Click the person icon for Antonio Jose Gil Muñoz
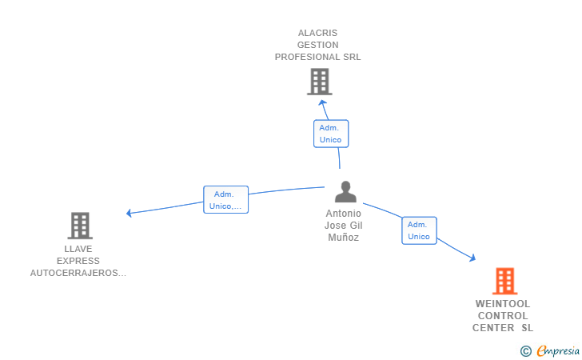click(345, 192)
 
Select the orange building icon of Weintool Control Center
click(504, 281)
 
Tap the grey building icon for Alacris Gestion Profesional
click(319, 81)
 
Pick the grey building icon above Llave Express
click(79, 226)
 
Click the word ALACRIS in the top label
click(317, 33)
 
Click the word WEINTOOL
click(503, 304)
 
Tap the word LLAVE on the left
click(78, 249)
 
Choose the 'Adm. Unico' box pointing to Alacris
click(330, 134)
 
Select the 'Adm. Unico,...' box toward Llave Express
click(226, 200)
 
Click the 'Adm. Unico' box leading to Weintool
click(419, 230)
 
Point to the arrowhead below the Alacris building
click(321, 102)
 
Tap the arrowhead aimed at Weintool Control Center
click(472, 258)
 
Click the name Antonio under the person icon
click(344, 214)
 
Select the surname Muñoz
click(344, 238)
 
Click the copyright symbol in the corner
click(525, 350)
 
